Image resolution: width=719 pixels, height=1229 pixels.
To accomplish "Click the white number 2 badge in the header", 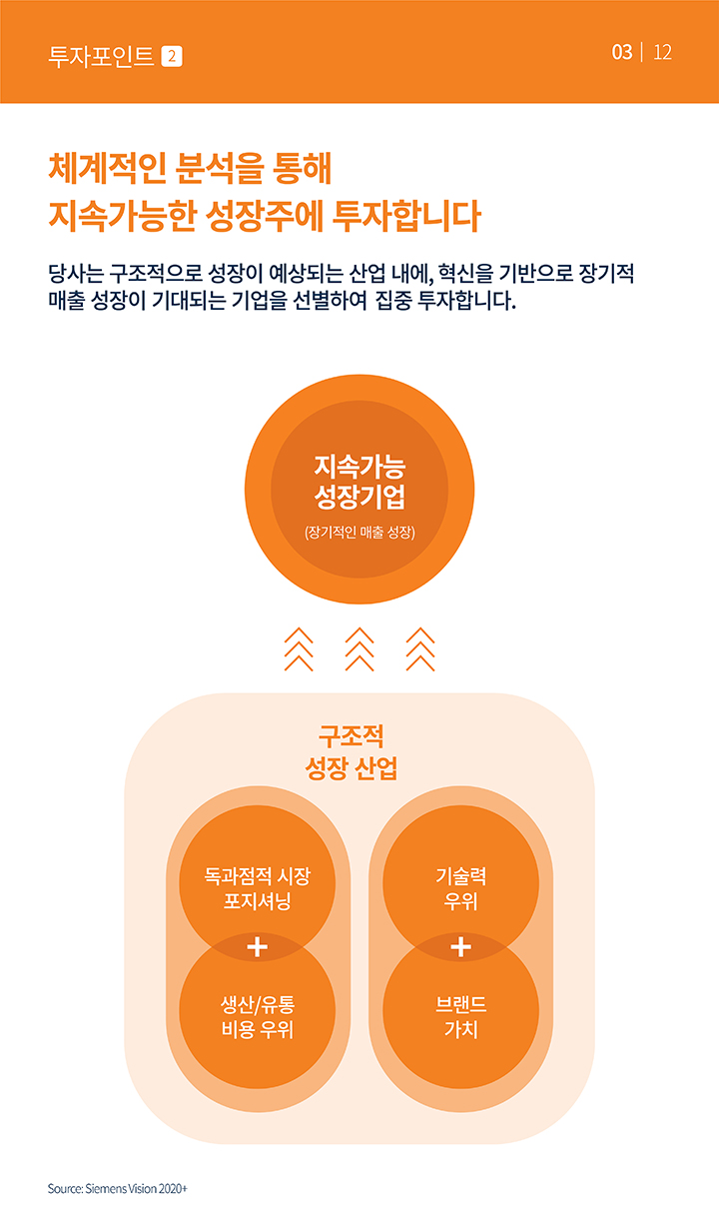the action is click(172, 57).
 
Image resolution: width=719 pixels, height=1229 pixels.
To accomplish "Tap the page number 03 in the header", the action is click(622, 52).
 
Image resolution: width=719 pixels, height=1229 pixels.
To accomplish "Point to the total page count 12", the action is click(662, 52).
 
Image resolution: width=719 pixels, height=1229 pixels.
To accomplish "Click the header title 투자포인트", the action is click(101, 56).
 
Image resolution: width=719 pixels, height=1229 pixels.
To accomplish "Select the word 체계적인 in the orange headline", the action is click(108, 168).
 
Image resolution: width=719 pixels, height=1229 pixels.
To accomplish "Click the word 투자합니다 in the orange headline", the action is click(406, 216).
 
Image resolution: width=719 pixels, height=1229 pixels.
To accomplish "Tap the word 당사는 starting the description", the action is click(75, 273).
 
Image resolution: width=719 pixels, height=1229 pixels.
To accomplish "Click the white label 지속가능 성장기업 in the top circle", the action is click(359, 482).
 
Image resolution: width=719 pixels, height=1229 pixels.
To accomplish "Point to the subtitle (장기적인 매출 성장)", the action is click(359, 532).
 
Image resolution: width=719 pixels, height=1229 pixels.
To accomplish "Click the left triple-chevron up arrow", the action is click(299, 649).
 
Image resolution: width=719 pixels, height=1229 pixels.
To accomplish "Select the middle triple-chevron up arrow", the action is click(359, 649).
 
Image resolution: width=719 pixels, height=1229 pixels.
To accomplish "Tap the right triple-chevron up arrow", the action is click(420, 649).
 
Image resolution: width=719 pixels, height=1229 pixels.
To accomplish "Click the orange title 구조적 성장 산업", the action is click(352, 751).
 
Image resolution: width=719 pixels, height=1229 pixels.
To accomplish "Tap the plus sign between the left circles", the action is click(258, 947).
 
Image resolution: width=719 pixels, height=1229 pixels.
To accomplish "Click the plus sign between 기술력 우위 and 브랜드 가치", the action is click(460, 947).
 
